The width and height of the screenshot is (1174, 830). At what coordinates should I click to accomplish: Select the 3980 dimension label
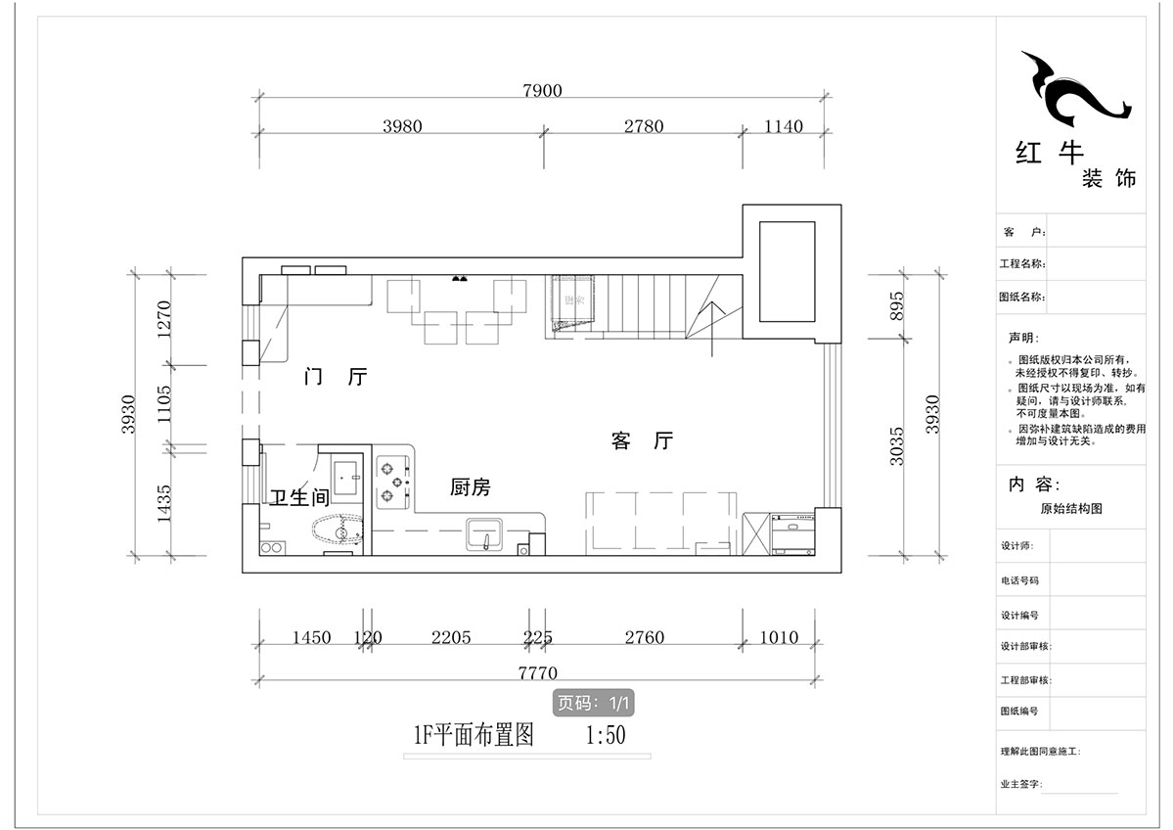click(x=402, y=126)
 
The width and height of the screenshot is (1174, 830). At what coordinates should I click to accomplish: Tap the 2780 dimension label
click(x=643, y=126)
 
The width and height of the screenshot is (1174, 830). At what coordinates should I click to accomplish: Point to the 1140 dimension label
click(x=782, y=126)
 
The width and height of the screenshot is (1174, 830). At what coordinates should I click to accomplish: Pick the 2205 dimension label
click(x=450, y=638)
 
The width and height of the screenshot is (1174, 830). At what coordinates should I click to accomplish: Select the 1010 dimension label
click(x=779, y=638)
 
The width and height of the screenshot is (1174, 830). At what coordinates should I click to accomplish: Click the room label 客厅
click(x=643, y=441)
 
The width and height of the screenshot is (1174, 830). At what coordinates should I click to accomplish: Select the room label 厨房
click(x=471, y=487)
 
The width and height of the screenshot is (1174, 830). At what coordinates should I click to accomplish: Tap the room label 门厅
click(x=336, y=378)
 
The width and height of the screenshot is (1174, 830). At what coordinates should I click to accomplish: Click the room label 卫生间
click(x=299, y=497)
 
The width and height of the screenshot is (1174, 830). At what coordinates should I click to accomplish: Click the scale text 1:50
click(x=605, y=735)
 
